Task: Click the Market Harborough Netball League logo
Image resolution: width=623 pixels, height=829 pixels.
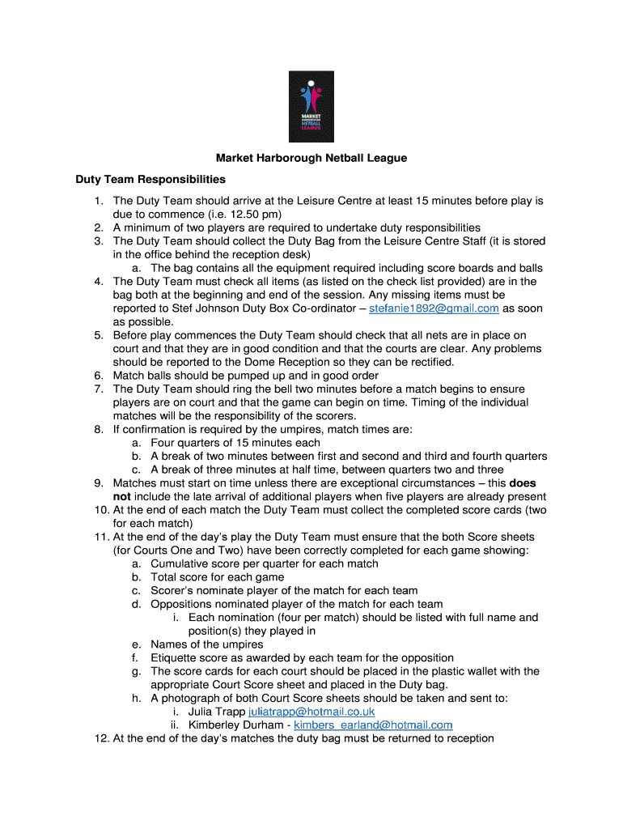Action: click(311, 107)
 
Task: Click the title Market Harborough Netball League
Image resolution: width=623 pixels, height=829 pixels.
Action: click(311, 158)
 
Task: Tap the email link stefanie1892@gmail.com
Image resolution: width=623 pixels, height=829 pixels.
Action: click(434, 308)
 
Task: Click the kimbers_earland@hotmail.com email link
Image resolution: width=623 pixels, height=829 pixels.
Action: click(373, 725)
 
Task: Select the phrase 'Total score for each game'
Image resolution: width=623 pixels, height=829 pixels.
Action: click(218, 577)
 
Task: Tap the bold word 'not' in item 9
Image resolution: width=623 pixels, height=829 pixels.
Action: click(121, 496)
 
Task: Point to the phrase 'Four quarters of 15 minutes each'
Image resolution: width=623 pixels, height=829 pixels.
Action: click(235, 443)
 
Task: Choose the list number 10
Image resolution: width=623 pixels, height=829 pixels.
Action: click(100, 510)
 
